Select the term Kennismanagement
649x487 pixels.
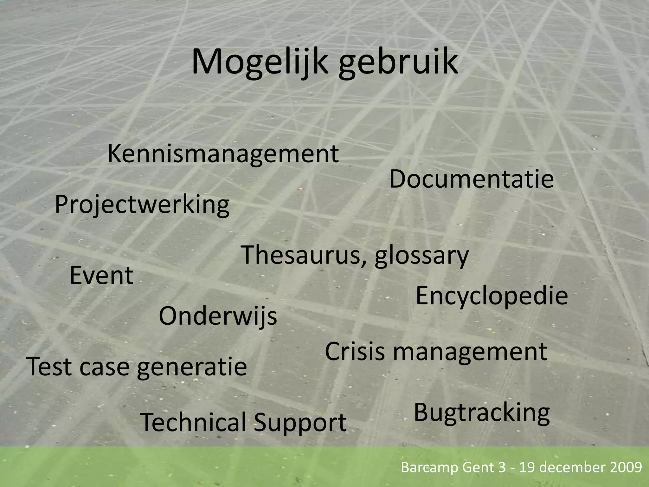click(x=223, y=154)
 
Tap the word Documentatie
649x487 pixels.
click(x=471, y=179)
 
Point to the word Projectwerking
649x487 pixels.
click(x=142, y=205)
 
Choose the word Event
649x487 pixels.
click(x=101, y=276)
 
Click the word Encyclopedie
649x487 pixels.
click(x=492, y=296)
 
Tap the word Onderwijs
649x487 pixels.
click(x=218, y=316)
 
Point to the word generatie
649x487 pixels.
click(x=192, y=367)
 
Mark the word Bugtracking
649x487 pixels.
click(x=482, y=413)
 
